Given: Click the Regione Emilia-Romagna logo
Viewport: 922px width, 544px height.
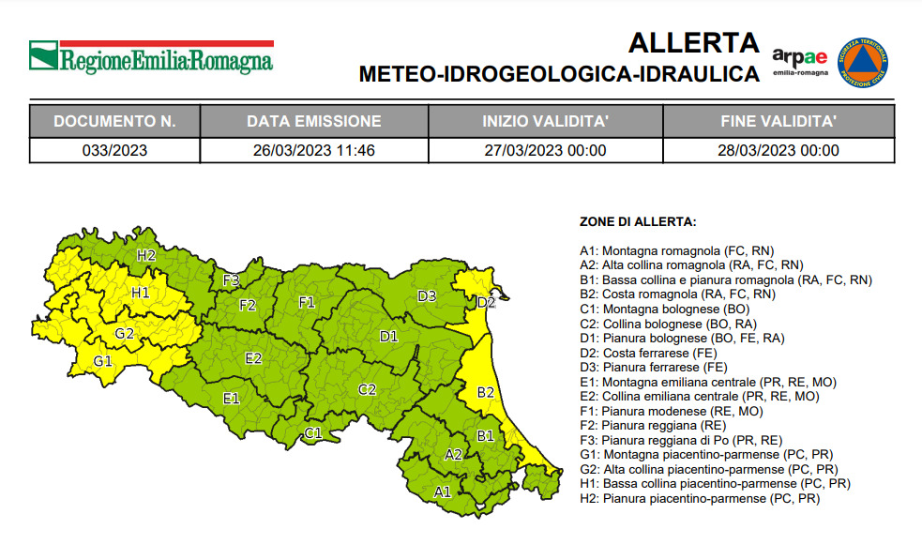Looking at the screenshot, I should click(x=151, y=57).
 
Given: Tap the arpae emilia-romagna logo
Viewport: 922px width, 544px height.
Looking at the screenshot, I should click(x=800, y=62).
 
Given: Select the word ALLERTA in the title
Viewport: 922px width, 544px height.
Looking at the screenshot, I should click(x=693, y=43).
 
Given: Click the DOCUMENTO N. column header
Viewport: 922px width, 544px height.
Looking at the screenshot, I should click(x=114, y=121).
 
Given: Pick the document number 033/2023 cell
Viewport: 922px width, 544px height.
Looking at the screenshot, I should click(x=114, y=150).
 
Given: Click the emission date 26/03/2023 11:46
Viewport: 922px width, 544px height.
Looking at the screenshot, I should click(x=313, y=150).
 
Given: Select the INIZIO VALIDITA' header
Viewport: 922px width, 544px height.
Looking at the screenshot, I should click(x=545, y=121).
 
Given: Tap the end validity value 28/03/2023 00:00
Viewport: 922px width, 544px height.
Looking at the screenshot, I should click(x=778, y=150).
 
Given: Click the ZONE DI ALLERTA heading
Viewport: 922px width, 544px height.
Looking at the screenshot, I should click(x=638, y=222).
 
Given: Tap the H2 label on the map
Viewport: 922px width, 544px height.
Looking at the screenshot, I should click(x=145, y=254).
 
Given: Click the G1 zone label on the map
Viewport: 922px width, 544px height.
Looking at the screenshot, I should click(x=103, y=361).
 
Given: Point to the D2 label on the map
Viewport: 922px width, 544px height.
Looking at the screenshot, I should click(x=486, y=302).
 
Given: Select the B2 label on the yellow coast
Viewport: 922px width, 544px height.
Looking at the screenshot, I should click(x=486, y=392).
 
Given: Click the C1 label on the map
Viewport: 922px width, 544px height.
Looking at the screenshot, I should click(x=313, y=433).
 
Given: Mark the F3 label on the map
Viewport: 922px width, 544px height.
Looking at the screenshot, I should click(x=231, y=280).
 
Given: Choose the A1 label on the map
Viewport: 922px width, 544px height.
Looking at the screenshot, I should click(x=442, y=491).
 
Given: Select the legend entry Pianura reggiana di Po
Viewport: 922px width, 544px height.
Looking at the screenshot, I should click(x=692, y=440).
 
